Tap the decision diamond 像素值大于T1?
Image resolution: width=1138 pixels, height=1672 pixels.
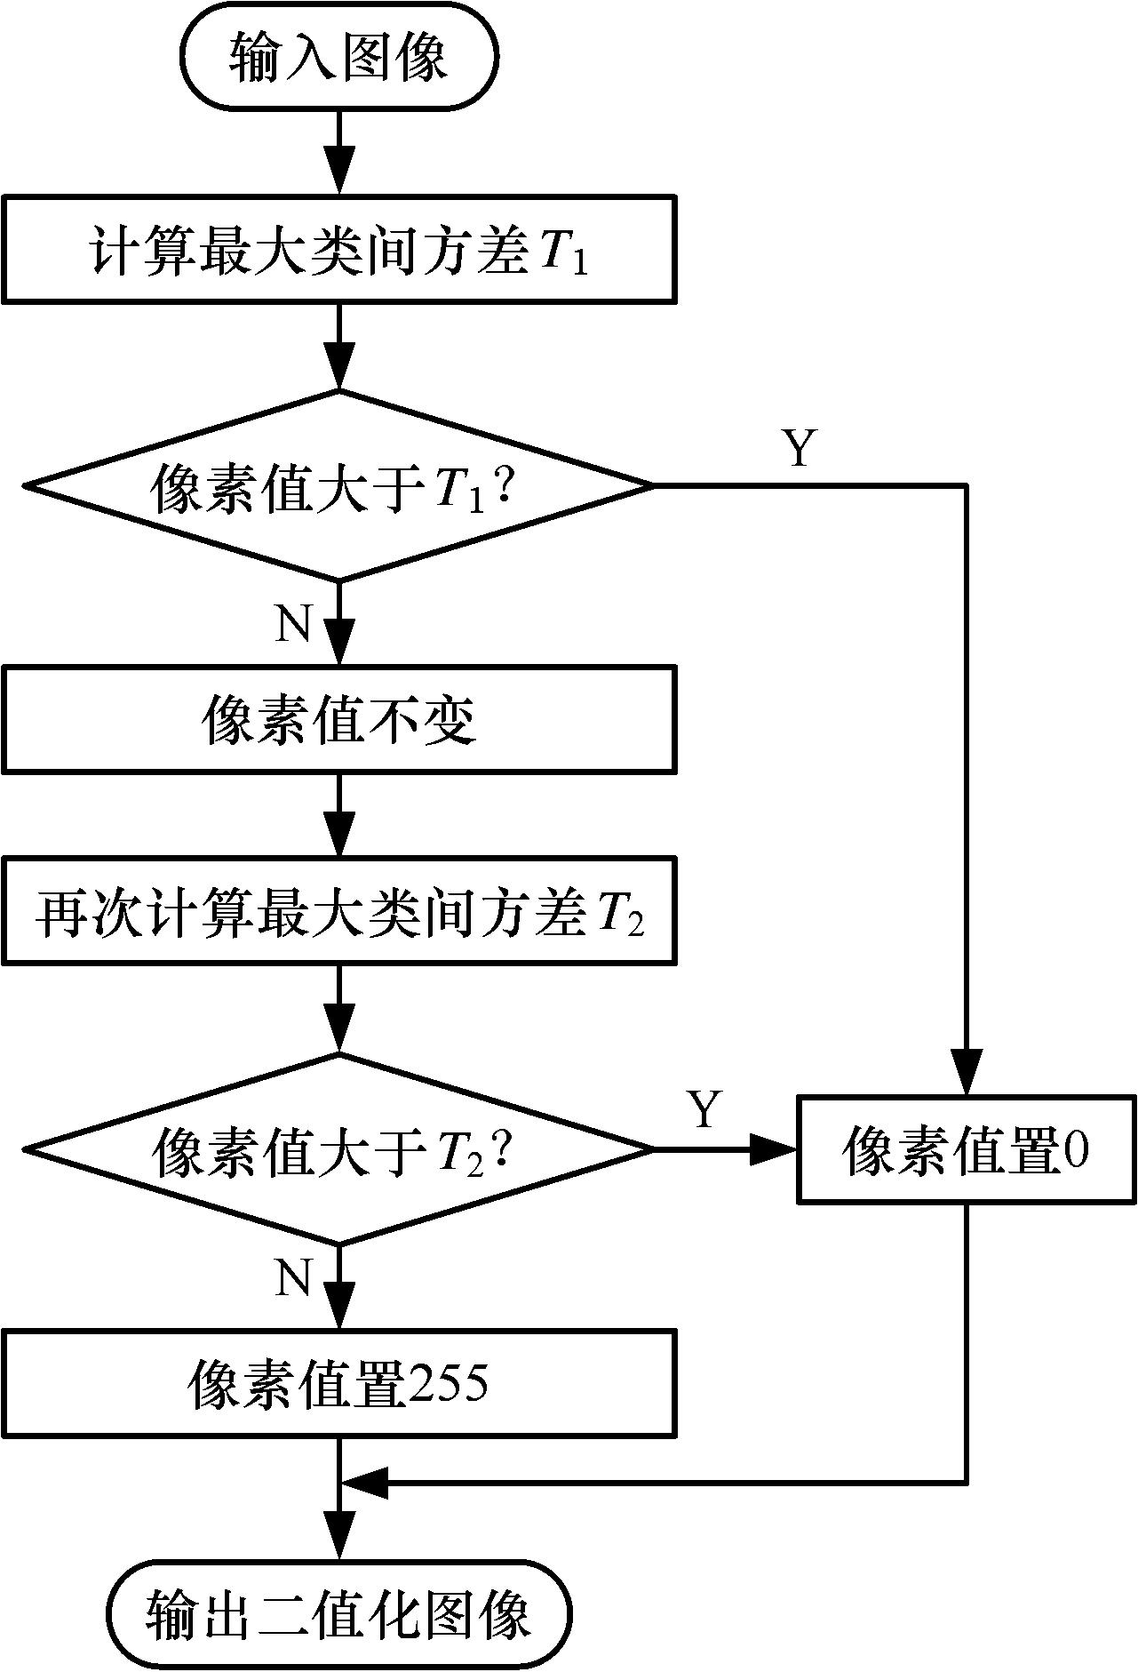pyautogui.click(x=338, y=486)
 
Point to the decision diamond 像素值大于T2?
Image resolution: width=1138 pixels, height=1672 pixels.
pyautogui.click(x=338, y=1148)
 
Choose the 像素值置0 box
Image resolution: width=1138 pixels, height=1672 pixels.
pyautogui.click(x=967, y=1150)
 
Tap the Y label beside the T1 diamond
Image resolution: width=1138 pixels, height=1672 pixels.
pyautogui.click(x=800, y=448)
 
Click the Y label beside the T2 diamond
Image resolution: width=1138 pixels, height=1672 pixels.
pyautogui.click(x=704, y=1108)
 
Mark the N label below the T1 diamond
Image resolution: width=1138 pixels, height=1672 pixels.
pyautogui.click(x=294, y=624)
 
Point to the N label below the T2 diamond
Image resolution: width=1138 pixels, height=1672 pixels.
pyautogui.click(x=294, y=1277)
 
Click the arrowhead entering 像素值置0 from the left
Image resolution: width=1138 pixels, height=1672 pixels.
pyautogui.click(x=776, y=1149)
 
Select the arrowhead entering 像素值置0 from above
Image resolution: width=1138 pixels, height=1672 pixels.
pyautogui.click(x=967, y=1074)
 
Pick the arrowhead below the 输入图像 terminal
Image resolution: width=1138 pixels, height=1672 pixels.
pyautogui.click(x=339, y=168)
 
